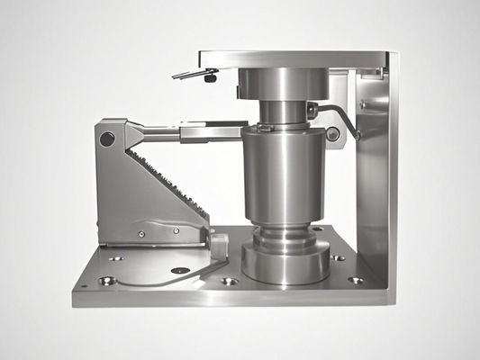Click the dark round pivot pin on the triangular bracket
point(107,139)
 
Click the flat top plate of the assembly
point(297,58)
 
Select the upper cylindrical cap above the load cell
point(281,85)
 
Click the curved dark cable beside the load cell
point(342,115)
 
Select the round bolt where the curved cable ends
point(333,134)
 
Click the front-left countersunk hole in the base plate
point(107,281)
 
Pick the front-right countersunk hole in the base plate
point(357,280)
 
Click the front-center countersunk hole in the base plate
point(229,281)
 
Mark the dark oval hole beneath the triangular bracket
point(181,270)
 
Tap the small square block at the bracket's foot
point(218,242)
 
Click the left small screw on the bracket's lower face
point(141,235)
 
